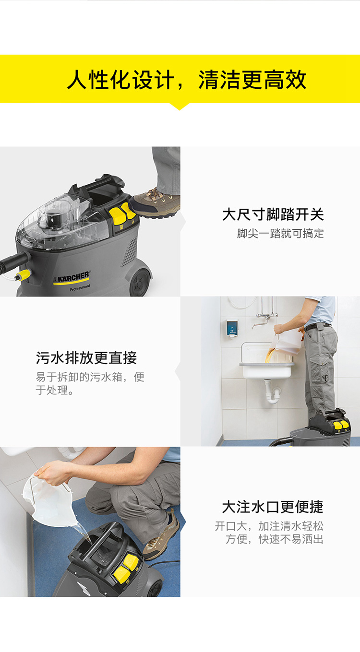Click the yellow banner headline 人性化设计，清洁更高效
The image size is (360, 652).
point(186,79)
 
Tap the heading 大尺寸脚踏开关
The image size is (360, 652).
point(273,214)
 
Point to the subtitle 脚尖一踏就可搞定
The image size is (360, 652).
point(280,234)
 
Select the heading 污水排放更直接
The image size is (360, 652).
point(86,358)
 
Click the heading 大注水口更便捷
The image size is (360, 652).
point(273,507)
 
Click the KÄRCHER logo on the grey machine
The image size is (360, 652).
point(72,278)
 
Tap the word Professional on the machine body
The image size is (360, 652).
point(80,287)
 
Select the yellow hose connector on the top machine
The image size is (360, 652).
point(24,275)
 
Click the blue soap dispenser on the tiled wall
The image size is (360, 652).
point(232,329)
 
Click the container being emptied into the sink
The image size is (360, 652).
point(287,344)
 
